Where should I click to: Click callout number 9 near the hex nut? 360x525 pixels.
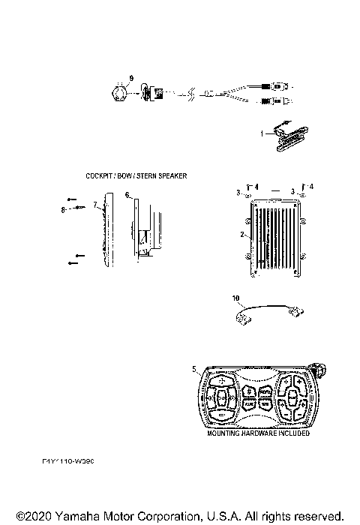[130, 77]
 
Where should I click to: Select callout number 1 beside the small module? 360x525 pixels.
[262, 133]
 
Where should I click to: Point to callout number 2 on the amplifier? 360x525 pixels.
[241, 235]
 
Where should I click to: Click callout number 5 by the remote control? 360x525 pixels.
[193, 369]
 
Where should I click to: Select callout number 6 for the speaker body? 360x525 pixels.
[127, 195]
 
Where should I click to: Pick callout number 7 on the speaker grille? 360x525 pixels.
[94, 204]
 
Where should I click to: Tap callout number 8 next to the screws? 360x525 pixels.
[64, 210]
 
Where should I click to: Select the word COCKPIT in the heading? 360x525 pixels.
[100, 175]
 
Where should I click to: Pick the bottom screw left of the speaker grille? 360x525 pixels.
[73, 262]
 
